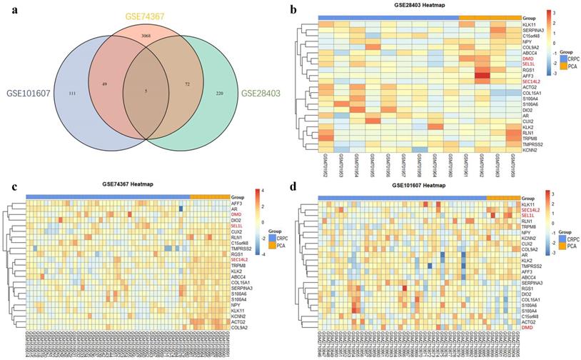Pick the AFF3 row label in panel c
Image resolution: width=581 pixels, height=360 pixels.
[x=236, y=203]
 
